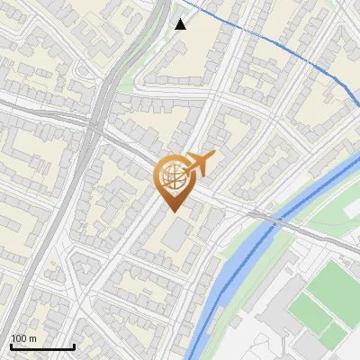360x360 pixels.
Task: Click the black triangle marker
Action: click(181, 24)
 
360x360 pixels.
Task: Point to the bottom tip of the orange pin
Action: click(172, 212)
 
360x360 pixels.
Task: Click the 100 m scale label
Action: click(23, 338)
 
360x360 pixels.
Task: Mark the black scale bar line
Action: click(42, 346)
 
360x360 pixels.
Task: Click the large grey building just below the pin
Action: click(177, 233)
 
